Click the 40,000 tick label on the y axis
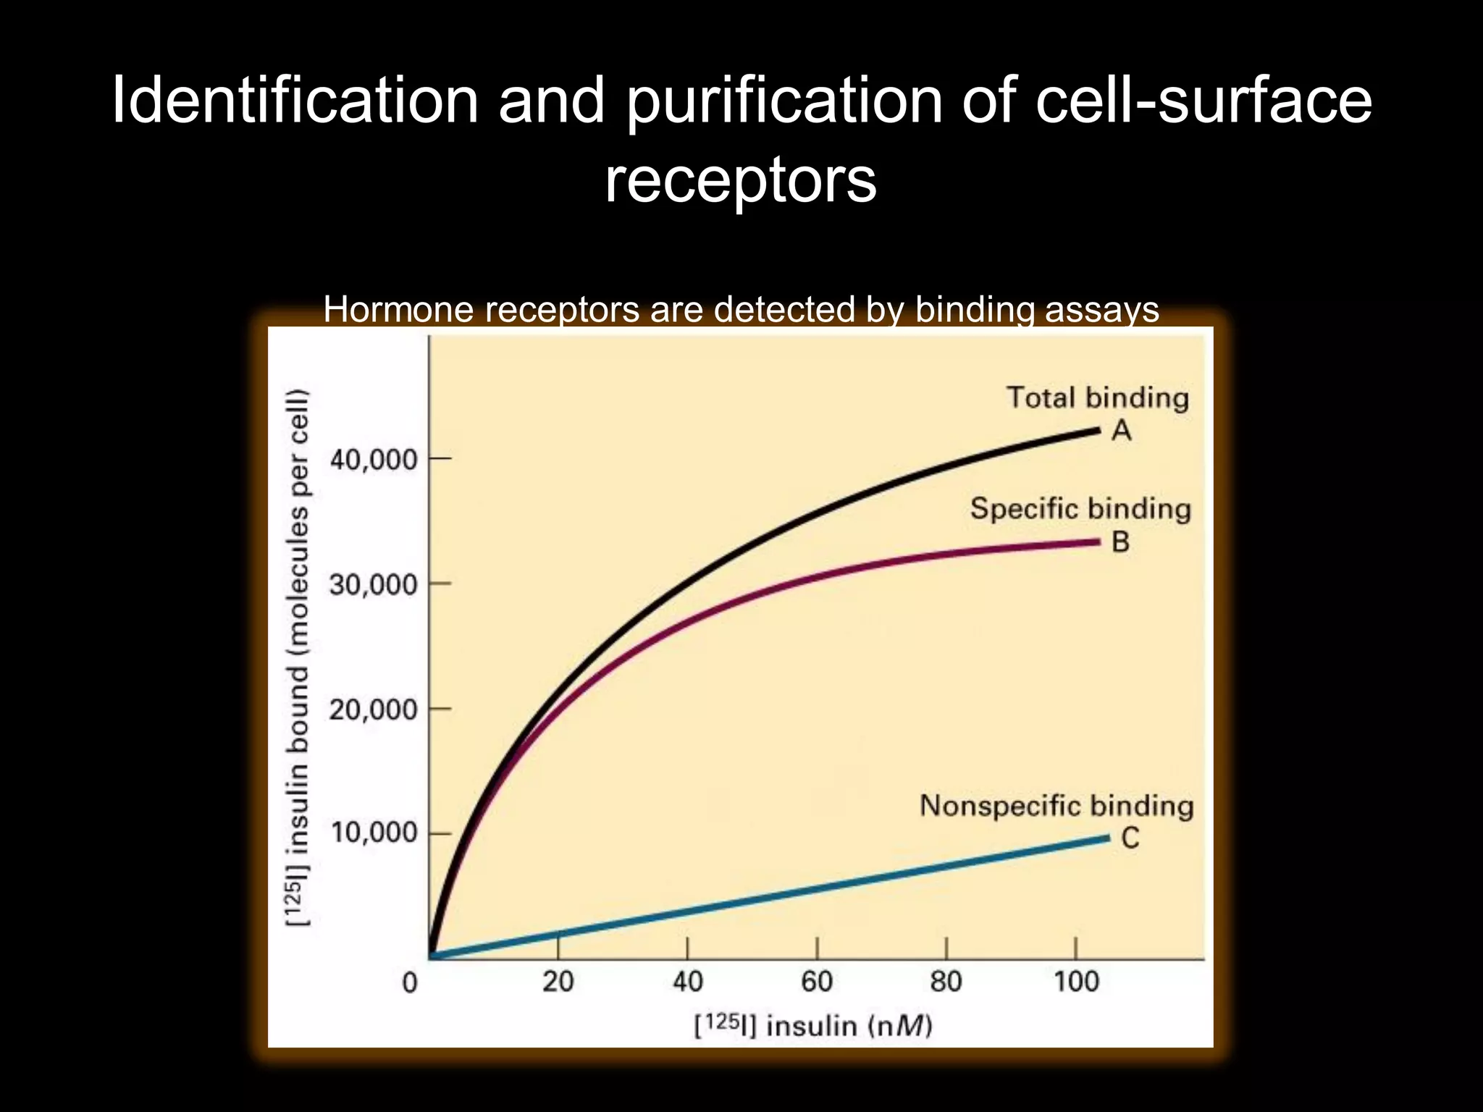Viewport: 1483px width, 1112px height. coord(374,460)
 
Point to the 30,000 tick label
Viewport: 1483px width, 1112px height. coord(374,584)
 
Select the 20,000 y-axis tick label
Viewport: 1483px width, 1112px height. coord(374,709)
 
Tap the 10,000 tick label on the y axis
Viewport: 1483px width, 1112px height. coord(374,833)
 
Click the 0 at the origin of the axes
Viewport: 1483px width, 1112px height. coord(410,982)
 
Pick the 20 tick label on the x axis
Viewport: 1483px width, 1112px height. coord(558,982)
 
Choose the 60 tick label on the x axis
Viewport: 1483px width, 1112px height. coord(817,982)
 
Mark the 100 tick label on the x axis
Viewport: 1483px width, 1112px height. coord(1076,982)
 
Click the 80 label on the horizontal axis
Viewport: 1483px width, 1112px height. coord(946,982)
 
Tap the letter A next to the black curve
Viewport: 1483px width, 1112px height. coord(1121,431)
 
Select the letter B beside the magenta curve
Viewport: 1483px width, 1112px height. coord(1120,542)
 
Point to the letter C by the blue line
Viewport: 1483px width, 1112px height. coord(1130,838)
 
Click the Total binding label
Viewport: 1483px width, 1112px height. coord(1097,397)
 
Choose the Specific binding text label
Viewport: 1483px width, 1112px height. coord(1080,508)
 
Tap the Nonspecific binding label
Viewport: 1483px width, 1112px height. coord(1056,805)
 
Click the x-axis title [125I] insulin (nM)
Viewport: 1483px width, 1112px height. coord(812,1026)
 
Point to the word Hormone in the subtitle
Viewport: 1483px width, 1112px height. coord(398,310)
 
